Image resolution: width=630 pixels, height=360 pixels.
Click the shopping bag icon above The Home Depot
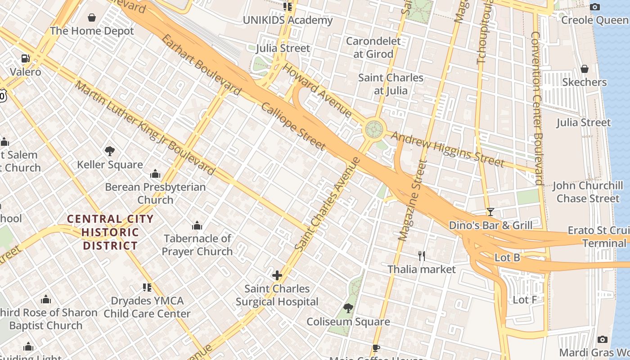click(92, 18)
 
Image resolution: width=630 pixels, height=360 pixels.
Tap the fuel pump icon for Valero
click(25, 58)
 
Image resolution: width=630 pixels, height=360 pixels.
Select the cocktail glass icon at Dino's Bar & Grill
click(490, 211)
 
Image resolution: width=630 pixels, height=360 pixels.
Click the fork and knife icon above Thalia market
click(422, 256)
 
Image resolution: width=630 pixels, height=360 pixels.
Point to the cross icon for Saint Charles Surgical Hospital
click(277, 275)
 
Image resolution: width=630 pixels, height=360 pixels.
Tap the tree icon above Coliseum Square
click(348, 308)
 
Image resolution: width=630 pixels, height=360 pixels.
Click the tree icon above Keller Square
click(109, 151)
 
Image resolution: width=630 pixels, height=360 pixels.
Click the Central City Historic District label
click(110, 232)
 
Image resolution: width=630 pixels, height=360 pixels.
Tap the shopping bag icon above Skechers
click(584, 69)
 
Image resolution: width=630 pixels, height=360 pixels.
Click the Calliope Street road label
click(293, 126)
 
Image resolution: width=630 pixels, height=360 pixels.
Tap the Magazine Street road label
click(412, 200)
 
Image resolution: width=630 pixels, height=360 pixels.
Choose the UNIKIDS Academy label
click(288, 20)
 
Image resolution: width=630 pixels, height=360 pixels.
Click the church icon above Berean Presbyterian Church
click(155, 174)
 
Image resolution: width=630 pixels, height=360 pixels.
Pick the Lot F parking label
click(525, 299)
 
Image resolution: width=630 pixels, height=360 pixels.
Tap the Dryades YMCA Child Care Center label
click(147, 307)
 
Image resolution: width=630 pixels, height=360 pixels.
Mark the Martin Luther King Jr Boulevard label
click(145, 128)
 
